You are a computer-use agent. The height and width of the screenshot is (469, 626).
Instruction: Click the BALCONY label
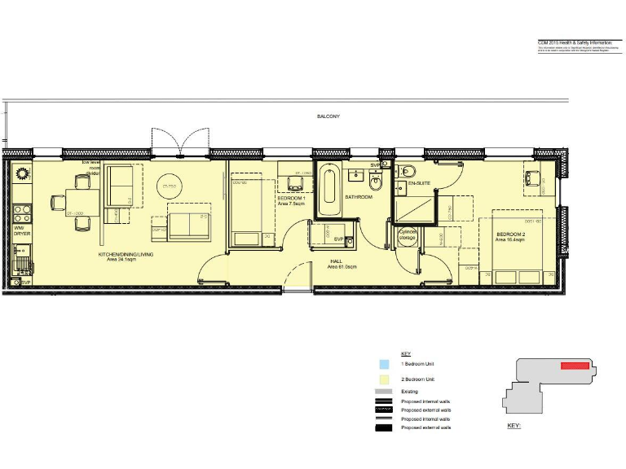click(x=328, y=117)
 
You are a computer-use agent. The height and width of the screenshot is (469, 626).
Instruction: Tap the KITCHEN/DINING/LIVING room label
click(x=126, y=255)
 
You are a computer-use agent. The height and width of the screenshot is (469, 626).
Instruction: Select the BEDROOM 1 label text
click(x=292, y=199)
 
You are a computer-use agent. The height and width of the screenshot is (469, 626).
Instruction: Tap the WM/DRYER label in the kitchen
click(x=22, y=230)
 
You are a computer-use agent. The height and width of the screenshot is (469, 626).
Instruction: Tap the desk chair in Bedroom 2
click(x=534, y=178)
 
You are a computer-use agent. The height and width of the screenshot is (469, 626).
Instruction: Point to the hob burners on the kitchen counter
click(x=21, y=213)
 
